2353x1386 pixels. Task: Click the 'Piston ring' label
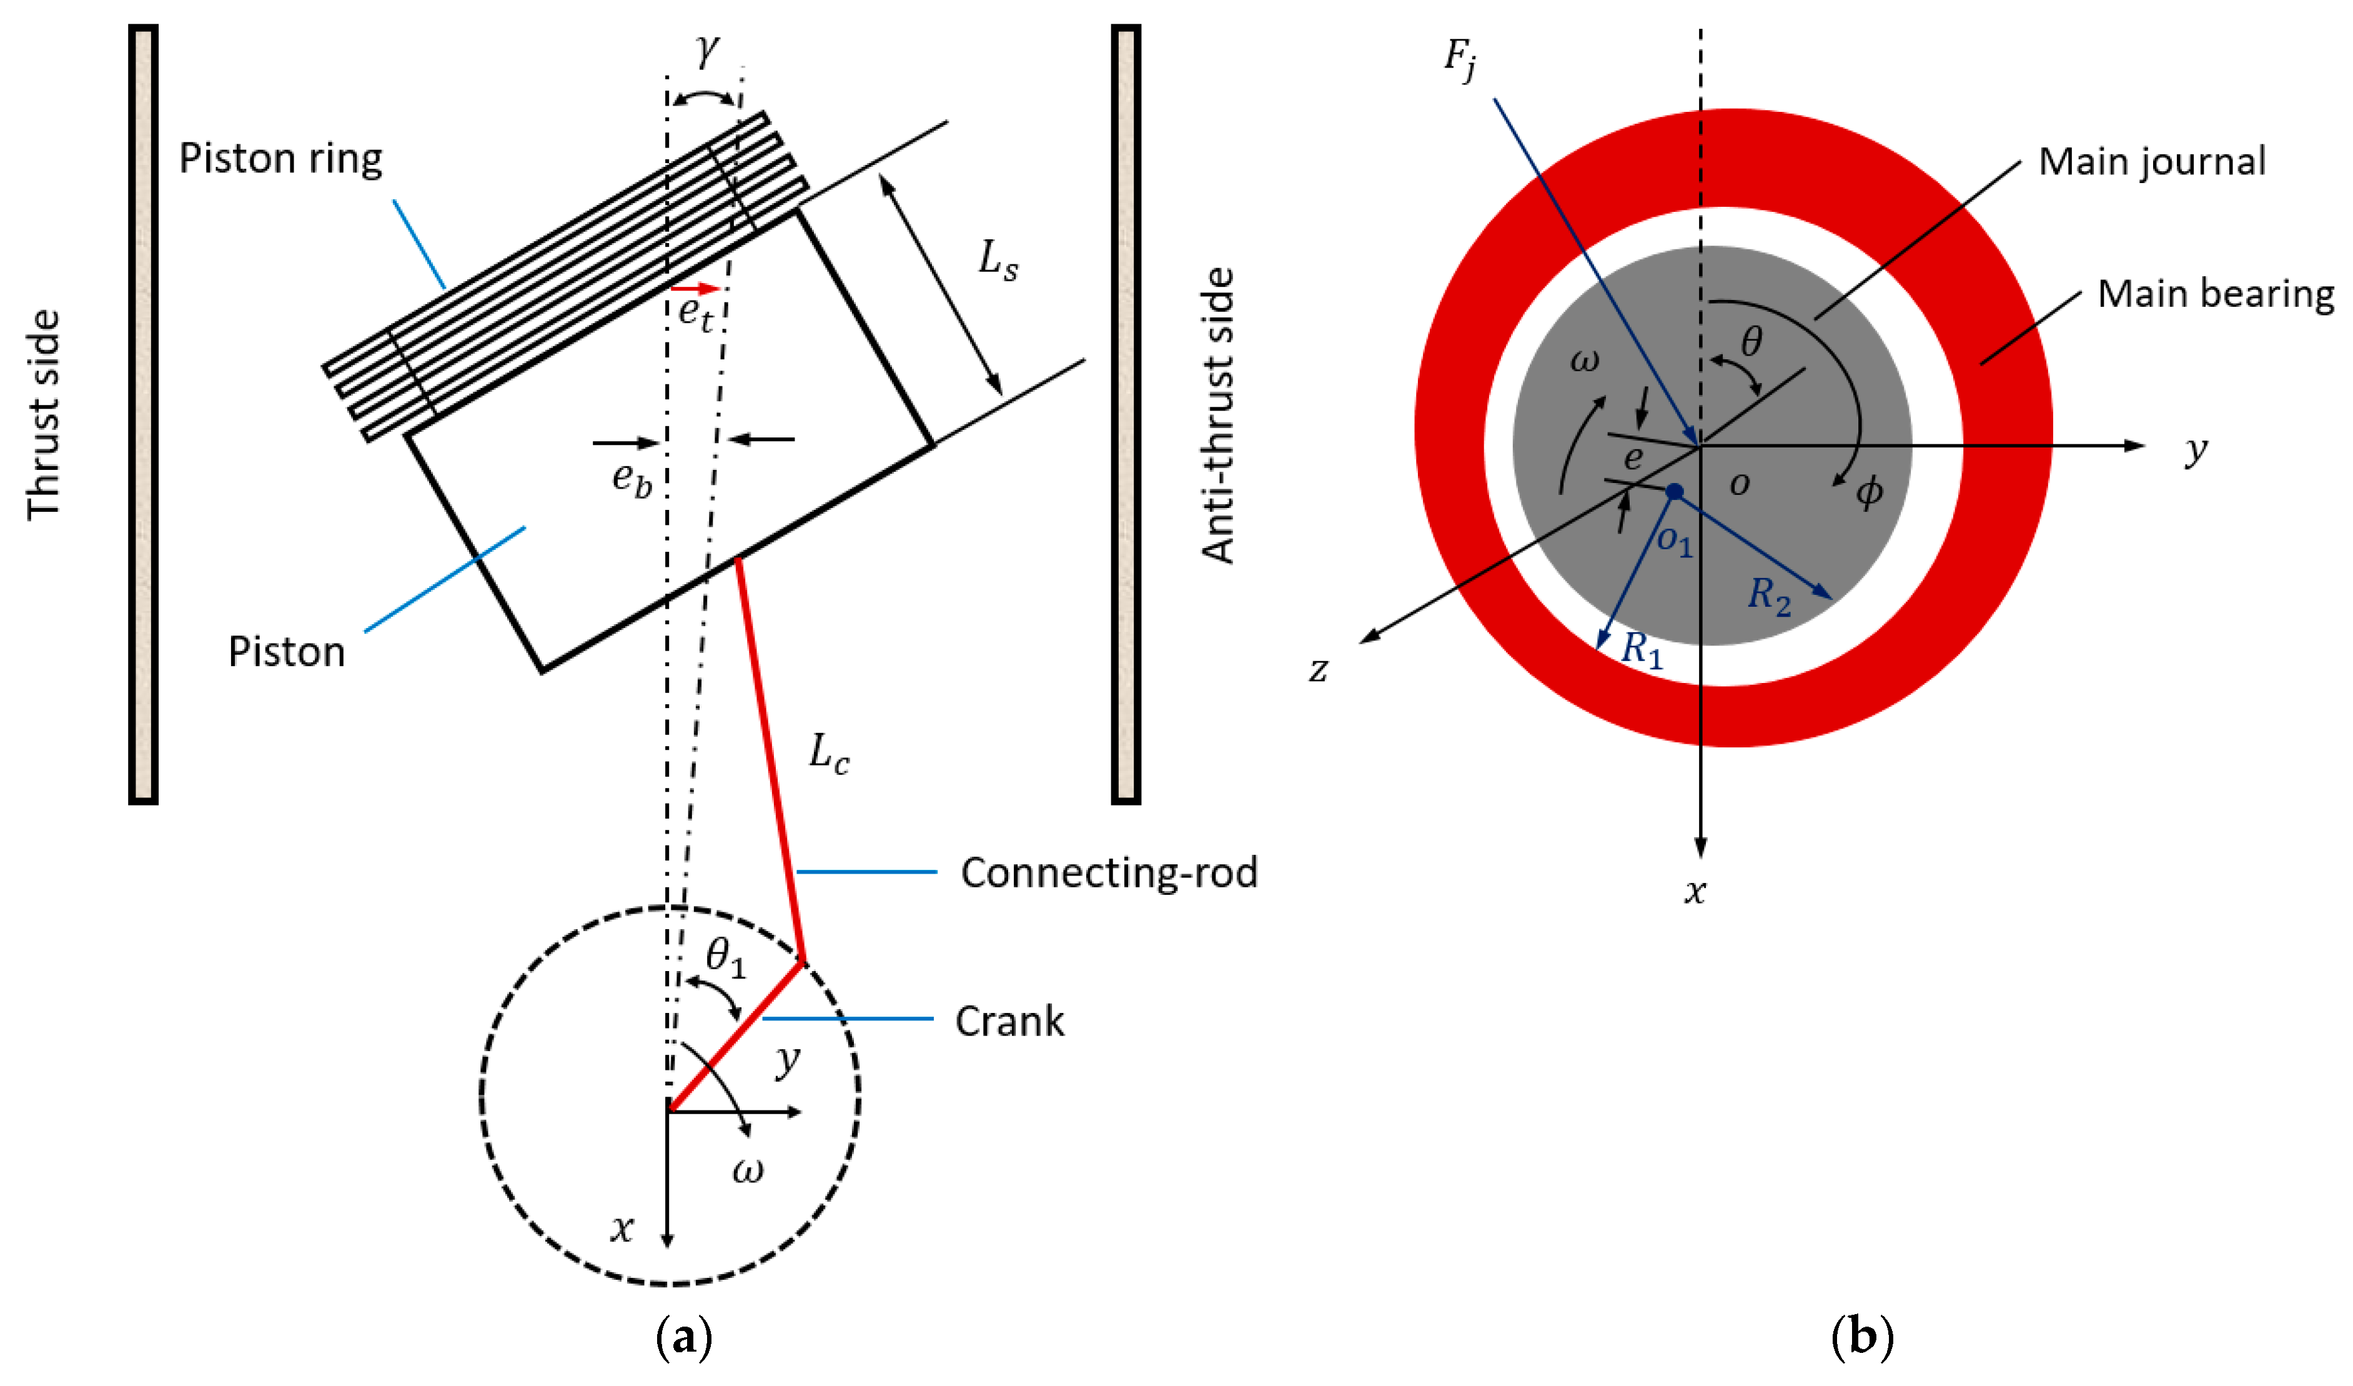[x=280, y=159]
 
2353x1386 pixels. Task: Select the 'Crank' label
[x=1008, y=1022]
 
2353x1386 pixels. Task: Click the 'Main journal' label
[x=2151, y=162]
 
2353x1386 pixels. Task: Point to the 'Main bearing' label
[x=2215, y=294]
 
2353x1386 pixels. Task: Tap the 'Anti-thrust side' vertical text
[x=1217, y=416]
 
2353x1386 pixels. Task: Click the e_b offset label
[x=632, y=479]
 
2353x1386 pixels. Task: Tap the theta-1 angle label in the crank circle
[x=725, y=957]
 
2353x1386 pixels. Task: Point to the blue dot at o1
[x=1674, y=491]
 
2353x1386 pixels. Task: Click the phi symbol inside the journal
[x=1868, y=491]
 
